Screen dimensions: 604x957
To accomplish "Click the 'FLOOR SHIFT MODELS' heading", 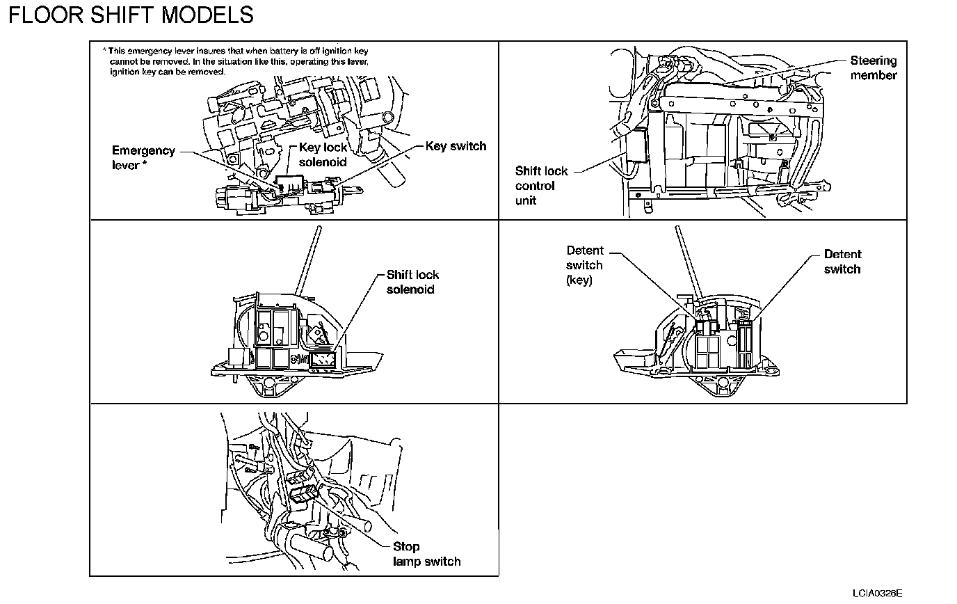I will point(131,15).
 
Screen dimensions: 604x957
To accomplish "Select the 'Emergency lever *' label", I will point(143,158).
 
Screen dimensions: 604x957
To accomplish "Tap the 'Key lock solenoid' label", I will point(323,154).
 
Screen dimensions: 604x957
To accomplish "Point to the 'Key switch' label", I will point(456,146).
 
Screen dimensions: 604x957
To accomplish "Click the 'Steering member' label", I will point(874,68).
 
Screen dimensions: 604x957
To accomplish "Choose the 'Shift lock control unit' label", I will point(541,185).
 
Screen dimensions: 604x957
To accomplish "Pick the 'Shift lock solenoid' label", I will point(412,282).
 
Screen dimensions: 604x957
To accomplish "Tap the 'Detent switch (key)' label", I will point(584,266).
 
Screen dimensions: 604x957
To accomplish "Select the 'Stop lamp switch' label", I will point(426,554).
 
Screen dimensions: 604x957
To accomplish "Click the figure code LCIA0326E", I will point(877,594).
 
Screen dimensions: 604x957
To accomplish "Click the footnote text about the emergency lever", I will point(236,61).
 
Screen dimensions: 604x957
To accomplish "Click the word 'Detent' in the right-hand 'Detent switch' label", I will point(842,254).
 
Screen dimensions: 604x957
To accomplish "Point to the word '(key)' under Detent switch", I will point(579,281).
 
